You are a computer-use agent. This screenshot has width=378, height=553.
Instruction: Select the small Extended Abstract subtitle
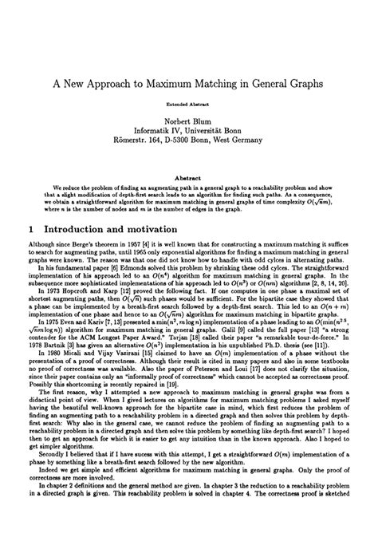pyautogui.click(x=190, y=104)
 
